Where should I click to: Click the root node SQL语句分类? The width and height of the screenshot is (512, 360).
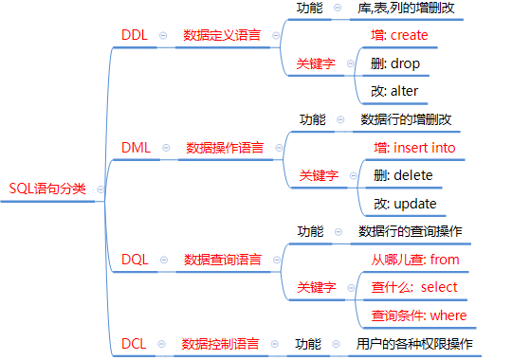(x=47, y=188)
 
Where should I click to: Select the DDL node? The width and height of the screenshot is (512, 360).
(x=135, y=35)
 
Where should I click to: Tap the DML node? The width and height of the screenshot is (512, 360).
(x=137, y=148)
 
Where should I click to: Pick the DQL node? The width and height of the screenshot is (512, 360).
(x=135, y=259)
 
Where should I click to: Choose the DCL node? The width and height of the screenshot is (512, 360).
(x=134, y=343)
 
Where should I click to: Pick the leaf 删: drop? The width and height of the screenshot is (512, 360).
(x=396, y=63)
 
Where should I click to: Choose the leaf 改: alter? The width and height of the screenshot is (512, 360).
(x=395, y=91)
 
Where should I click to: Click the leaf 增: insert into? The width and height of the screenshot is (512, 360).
(x=414, y=148)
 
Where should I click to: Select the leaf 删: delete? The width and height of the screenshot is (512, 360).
(x=403, y=175)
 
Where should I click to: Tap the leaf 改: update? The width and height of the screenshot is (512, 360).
(x=403, y=203)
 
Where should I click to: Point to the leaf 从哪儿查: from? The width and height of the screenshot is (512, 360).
(x=414, y=259)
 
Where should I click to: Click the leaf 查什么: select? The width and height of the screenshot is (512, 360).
(x=414, y=287)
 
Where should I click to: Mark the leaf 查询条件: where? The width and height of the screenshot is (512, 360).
(x=418, y=315)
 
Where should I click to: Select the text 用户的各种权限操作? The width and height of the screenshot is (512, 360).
(x=414, y=343)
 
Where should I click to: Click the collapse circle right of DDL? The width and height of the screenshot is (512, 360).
(x=162, y=35)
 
